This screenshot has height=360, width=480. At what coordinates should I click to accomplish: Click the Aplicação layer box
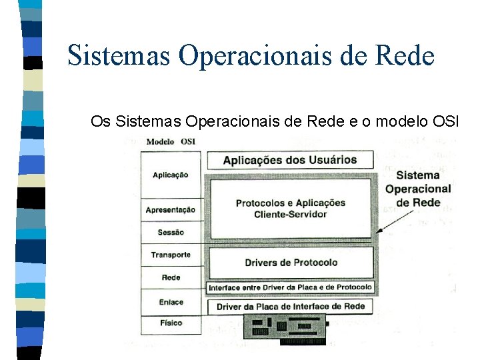click(x=170, y=175)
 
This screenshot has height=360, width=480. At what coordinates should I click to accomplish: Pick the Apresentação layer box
click(x=170, y=210)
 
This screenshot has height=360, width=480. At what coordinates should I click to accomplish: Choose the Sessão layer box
click(x=170, y=233)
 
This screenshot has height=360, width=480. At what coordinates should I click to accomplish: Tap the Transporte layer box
click(x=170, y=255)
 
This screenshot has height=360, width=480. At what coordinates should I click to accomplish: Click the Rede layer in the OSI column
click(x=170, y=277)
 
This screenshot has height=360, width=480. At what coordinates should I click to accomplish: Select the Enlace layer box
click(x=170, y=302)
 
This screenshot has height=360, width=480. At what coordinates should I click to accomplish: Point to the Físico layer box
click(x=170, y=323)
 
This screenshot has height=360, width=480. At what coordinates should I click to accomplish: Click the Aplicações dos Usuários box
click(x=290, y=160)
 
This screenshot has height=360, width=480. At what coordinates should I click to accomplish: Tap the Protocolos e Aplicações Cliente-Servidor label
click(x=290, y=208)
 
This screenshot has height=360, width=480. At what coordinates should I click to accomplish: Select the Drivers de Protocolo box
click(x=290, y=263)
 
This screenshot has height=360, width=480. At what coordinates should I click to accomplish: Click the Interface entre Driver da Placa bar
click(x=290, y=288)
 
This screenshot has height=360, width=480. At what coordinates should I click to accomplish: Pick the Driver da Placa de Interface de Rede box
click(x=290, y=307)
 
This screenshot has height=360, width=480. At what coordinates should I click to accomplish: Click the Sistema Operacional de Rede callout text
click(x=418, y=189)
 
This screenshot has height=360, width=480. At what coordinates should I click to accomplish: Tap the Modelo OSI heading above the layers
click(x=170, y=141)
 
